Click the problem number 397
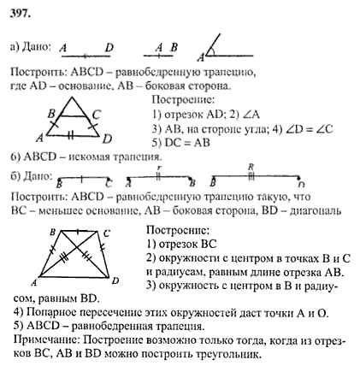(20, 13)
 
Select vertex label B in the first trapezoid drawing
(51, 115)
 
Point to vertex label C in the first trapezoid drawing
(97, 115)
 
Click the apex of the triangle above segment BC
(73, 97)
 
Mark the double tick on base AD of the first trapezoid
(71, 135)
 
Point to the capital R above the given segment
(251, 167)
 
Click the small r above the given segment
(159, 168)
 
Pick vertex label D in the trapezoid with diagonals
(115, 281)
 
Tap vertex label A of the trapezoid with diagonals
(34, 283)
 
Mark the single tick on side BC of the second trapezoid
(79, 232)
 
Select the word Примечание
(47, 340)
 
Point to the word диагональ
(316, 211)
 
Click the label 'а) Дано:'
(30, 46)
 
